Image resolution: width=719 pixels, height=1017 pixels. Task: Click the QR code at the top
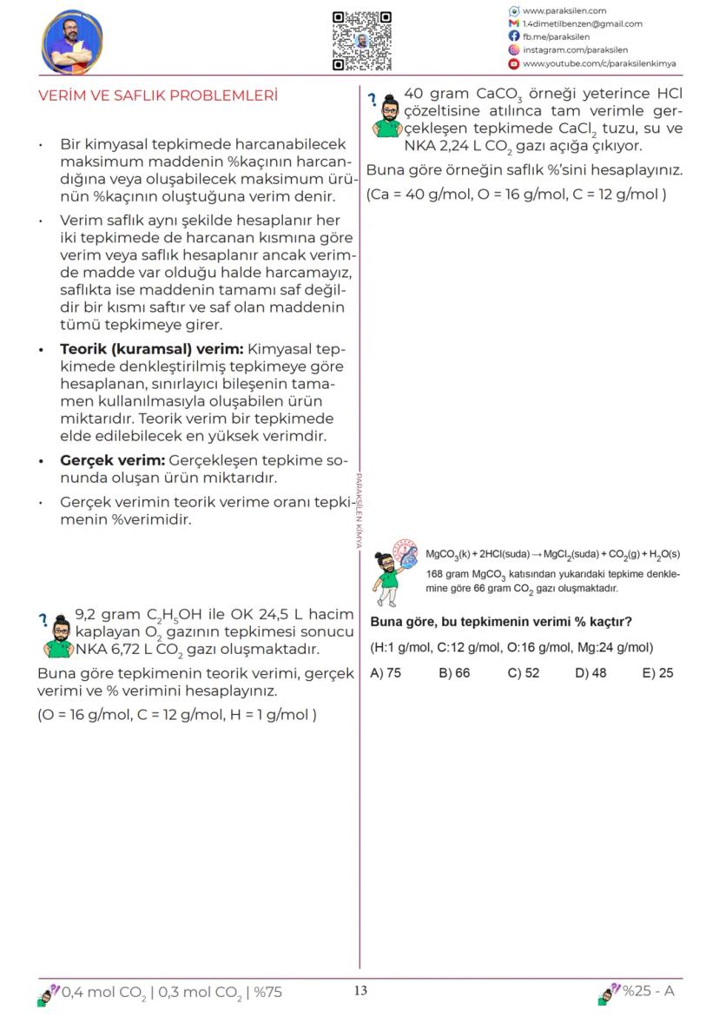(362, 41)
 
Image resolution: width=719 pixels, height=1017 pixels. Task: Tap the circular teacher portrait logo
(72, 43)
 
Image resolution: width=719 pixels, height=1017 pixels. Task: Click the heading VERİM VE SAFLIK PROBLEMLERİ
(158, 96)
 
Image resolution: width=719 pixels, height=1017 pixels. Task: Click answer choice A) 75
(386, 673)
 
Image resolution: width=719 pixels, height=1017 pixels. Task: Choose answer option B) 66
(454, 673)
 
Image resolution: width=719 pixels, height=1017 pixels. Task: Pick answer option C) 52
(524, 673)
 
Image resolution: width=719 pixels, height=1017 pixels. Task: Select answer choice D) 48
(590, 673)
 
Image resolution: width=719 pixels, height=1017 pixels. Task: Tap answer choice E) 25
(657, 673)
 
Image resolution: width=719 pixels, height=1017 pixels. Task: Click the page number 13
(361, 991)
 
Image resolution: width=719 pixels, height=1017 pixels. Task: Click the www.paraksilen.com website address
(564, 10)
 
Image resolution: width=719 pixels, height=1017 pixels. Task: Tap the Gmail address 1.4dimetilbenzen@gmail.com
(582, 23)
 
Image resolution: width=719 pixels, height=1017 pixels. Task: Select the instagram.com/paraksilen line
(575, 50)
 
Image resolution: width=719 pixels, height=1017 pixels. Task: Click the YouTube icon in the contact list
(514, 63)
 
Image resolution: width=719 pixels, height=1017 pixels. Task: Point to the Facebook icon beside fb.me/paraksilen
(514, 36)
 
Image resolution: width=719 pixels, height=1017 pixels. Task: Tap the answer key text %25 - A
(648, 992)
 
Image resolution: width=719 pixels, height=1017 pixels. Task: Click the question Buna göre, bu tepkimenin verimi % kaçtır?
(500, 622)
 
